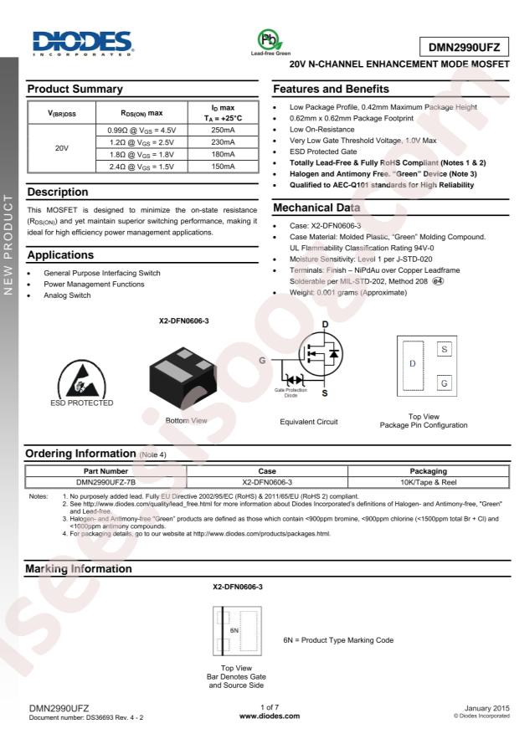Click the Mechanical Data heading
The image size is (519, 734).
coord(327,207)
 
